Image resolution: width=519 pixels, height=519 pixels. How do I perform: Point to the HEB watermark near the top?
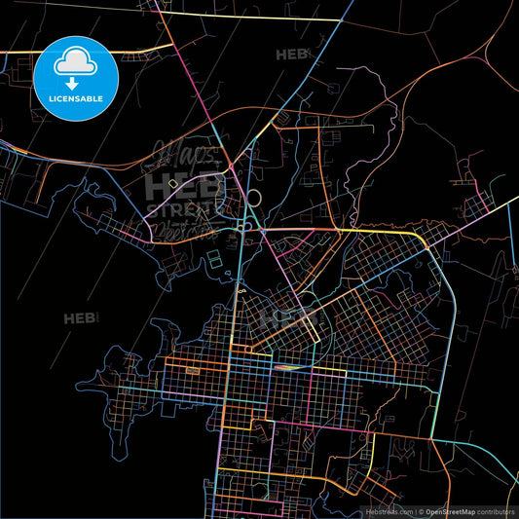pyautogui.click(x=292, y=56)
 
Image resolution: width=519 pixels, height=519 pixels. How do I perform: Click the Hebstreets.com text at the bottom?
pyautogui.click(x=389, y=510)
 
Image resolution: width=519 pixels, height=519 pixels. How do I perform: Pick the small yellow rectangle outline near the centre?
pyautogui.click(x=173, y=183)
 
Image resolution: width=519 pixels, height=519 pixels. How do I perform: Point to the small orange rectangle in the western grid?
pyautogui.click(x=191, y=370)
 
